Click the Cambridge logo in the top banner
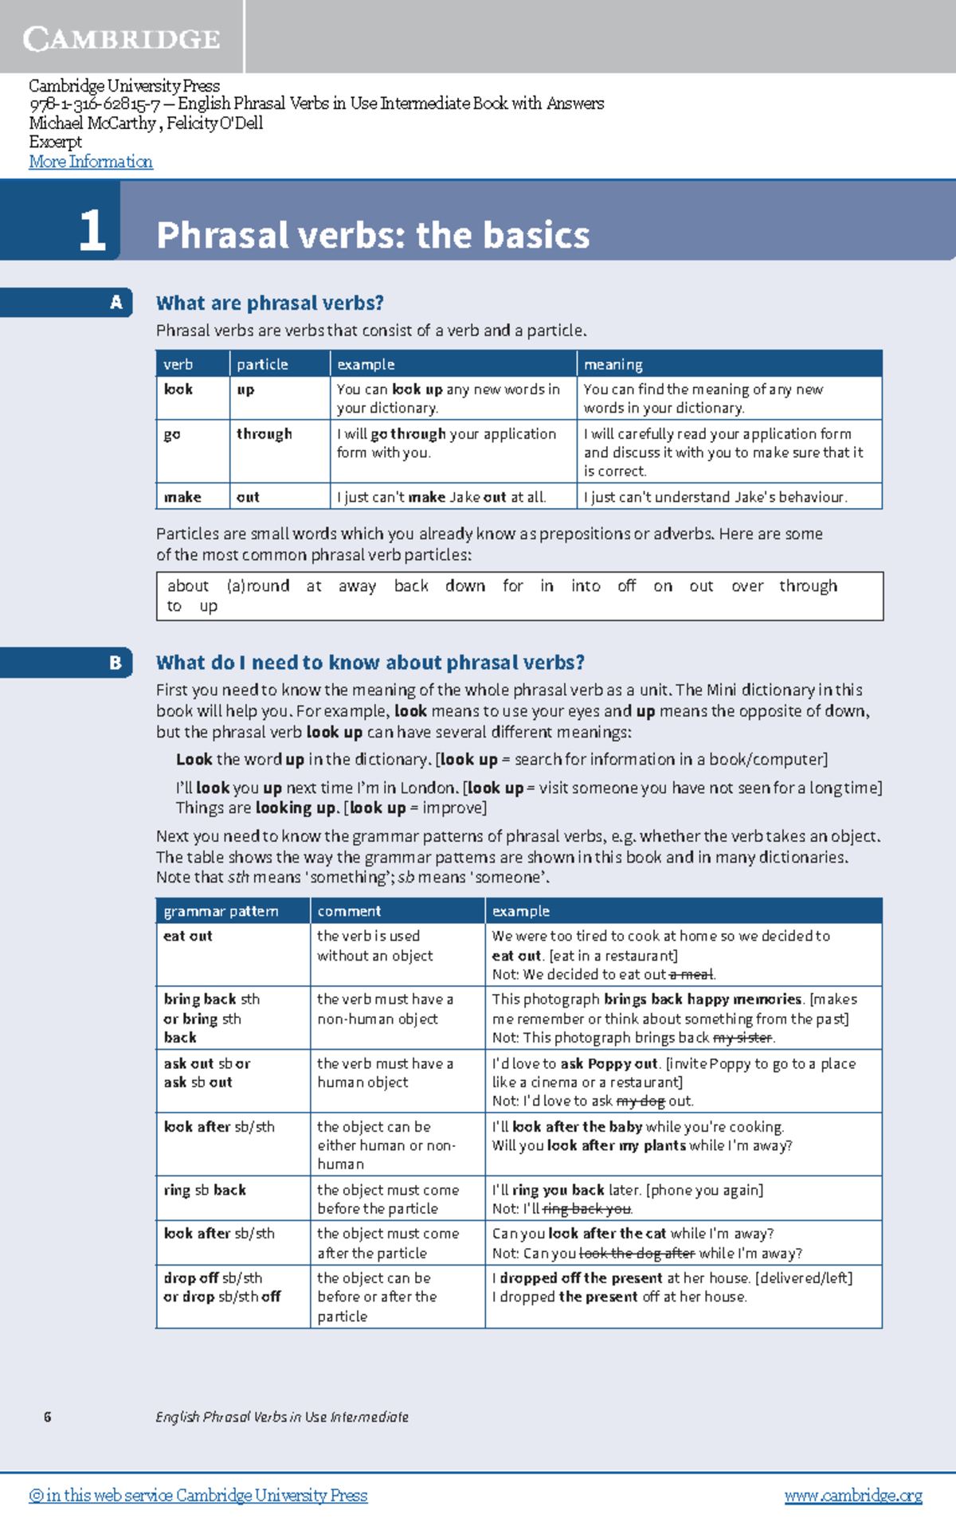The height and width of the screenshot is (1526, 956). coord(121,38)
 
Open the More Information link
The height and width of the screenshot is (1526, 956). coord(91,162)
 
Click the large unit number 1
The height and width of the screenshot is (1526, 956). coord(92,231)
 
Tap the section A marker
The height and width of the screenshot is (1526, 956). coord(116,303)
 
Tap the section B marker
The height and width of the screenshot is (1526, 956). coord(116,663)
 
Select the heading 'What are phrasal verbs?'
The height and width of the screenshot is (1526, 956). coord(269,303)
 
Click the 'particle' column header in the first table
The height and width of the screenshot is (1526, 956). coord(262,364)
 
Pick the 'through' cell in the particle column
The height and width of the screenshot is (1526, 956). coord(264,434)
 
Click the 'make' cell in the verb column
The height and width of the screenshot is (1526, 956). coord(182,497)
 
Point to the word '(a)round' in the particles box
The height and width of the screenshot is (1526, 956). coord(258,586)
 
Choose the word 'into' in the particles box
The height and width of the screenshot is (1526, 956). coord(586,586)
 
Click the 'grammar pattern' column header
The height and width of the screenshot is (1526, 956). coord(221,911)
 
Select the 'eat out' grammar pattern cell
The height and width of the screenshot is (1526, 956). coord(188,936)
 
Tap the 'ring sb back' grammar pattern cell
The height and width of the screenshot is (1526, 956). coord(205,1190)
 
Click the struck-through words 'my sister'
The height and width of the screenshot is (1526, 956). coord(742,1038)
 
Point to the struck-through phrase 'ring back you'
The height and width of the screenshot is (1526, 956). coord(587,1209)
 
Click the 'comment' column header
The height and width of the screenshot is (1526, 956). coord(349,911)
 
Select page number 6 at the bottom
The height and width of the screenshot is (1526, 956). coord(48,1417)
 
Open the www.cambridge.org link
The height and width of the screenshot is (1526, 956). coord(853,1496)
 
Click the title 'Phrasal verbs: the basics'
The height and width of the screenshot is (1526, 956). coord(373,235)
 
